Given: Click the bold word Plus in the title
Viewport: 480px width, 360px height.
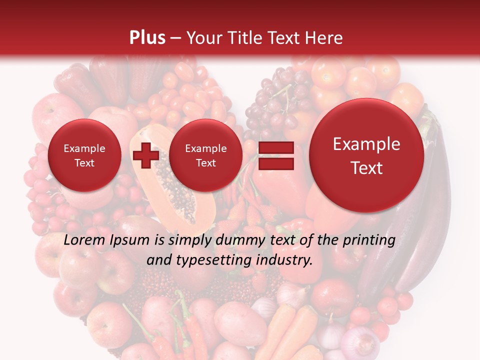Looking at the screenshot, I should point(147,37).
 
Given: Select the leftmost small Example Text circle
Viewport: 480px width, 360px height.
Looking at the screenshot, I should point(84,155).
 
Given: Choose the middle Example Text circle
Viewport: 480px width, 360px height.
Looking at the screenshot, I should point(205,155).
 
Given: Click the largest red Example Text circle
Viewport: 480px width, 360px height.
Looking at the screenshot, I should point(366,155).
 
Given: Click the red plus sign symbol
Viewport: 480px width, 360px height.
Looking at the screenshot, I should point(145,155).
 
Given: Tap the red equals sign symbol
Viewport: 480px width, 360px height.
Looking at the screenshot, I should point(275,156).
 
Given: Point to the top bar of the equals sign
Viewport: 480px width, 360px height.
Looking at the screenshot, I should point(275,148).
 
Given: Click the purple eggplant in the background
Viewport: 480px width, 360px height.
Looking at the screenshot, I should point(425,210).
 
